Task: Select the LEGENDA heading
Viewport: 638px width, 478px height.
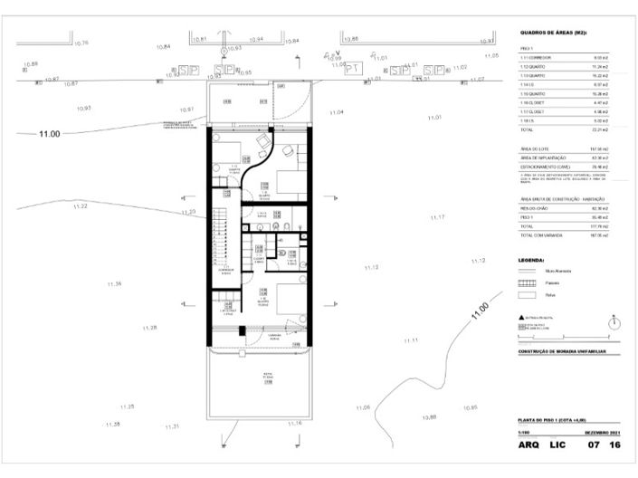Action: point(532,259)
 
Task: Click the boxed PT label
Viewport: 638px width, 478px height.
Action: point(354,68)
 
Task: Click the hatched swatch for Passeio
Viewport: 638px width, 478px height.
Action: point(527,282)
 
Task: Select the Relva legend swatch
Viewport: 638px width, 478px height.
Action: point(527,294)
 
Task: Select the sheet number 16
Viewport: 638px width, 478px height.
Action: point(615,445)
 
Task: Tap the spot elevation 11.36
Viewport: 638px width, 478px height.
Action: point(114,284)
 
